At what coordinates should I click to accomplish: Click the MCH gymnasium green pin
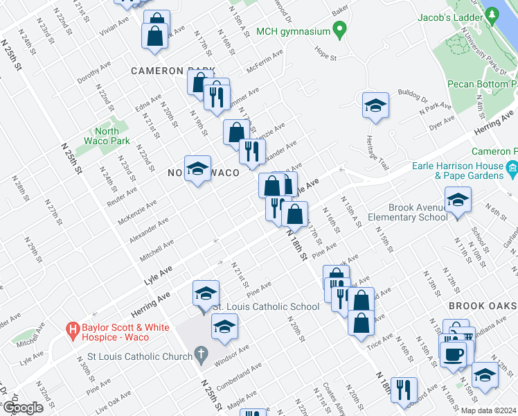click(339, 30)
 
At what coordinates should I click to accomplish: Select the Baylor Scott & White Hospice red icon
click(71, 329)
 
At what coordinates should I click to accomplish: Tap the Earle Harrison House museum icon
click(512, 167)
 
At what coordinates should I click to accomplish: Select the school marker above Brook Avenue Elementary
click(458, 201)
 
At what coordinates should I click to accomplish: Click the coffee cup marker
click(454, 354)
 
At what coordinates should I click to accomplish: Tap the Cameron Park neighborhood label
click(172, 71)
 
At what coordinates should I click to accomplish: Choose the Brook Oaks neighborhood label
click(482, 306)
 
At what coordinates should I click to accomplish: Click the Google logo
click(23, 408)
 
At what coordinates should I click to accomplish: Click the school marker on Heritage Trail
click(375, 105)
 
